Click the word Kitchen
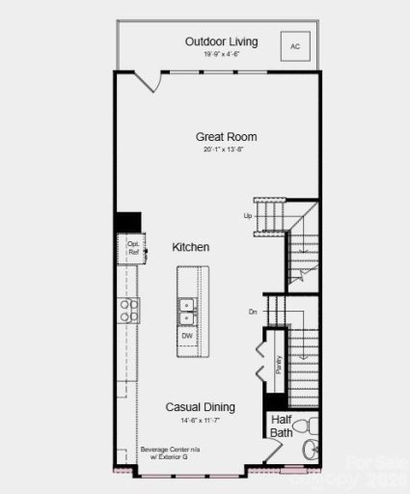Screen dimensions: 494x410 pyautogui.click(x=191, y=248)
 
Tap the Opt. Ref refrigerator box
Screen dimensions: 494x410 pyautogui.click(x=133, y=247)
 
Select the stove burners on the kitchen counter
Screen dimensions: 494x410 pyautogui.click(x=128, y=310)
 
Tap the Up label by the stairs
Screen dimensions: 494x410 pyautogui.click(x=248, y=215)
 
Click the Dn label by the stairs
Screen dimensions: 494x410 pyautogui.click(x=252, y=312)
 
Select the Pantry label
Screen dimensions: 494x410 pyautogui.click(x=278, y=364)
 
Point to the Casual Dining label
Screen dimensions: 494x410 pyautogui.click(x=201, y=407)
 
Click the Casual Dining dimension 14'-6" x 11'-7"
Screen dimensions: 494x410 pyautogui.click(x=201, y=421)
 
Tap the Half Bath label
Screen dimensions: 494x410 pyautogui.click(x=282, y=425)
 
